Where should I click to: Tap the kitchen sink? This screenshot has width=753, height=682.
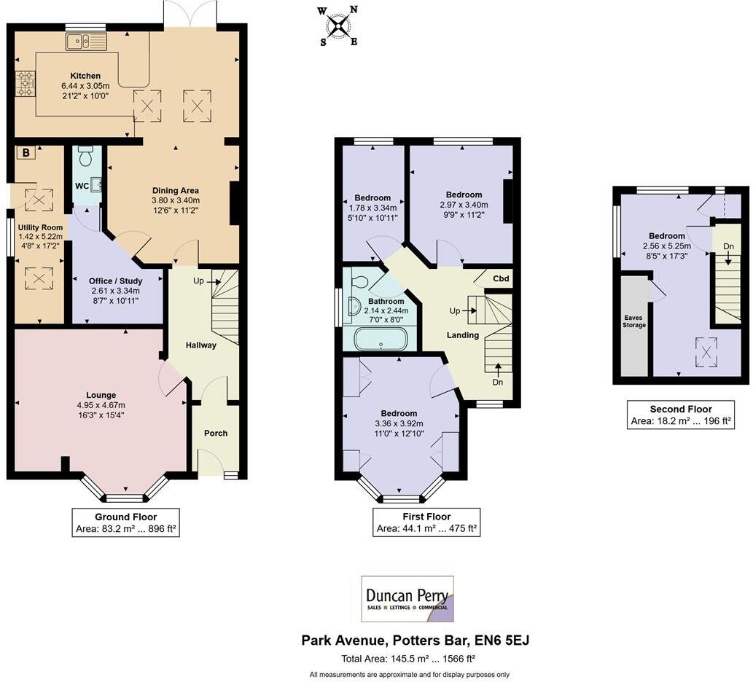tap(86, 42)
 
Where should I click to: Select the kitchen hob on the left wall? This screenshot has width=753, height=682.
tap(26, 83)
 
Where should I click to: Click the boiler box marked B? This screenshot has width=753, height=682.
tap(26, 153)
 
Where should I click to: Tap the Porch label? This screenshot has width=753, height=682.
tap(215, 433)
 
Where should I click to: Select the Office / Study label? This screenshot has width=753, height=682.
tap(115, 281)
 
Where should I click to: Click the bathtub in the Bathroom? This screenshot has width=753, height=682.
tap(380, 339)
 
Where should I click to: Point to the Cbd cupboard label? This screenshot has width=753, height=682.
tap(501, 278)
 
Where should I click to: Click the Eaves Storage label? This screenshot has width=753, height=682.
tap(634, 321)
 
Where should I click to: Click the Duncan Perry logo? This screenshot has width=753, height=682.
tap(407, 599)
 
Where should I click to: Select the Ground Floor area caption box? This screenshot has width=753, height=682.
tap(125, 524)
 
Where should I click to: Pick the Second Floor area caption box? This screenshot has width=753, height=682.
tap(680, 415)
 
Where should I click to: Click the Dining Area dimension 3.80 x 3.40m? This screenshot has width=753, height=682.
tap(175, 200)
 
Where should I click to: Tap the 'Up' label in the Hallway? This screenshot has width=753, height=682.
tap(198, 281)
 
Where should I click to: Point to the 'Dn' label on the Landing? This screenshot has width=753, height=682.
tap(498, 382)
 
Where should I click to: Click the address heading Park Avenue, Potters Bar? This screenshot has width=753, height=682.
tap(415, 640)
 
